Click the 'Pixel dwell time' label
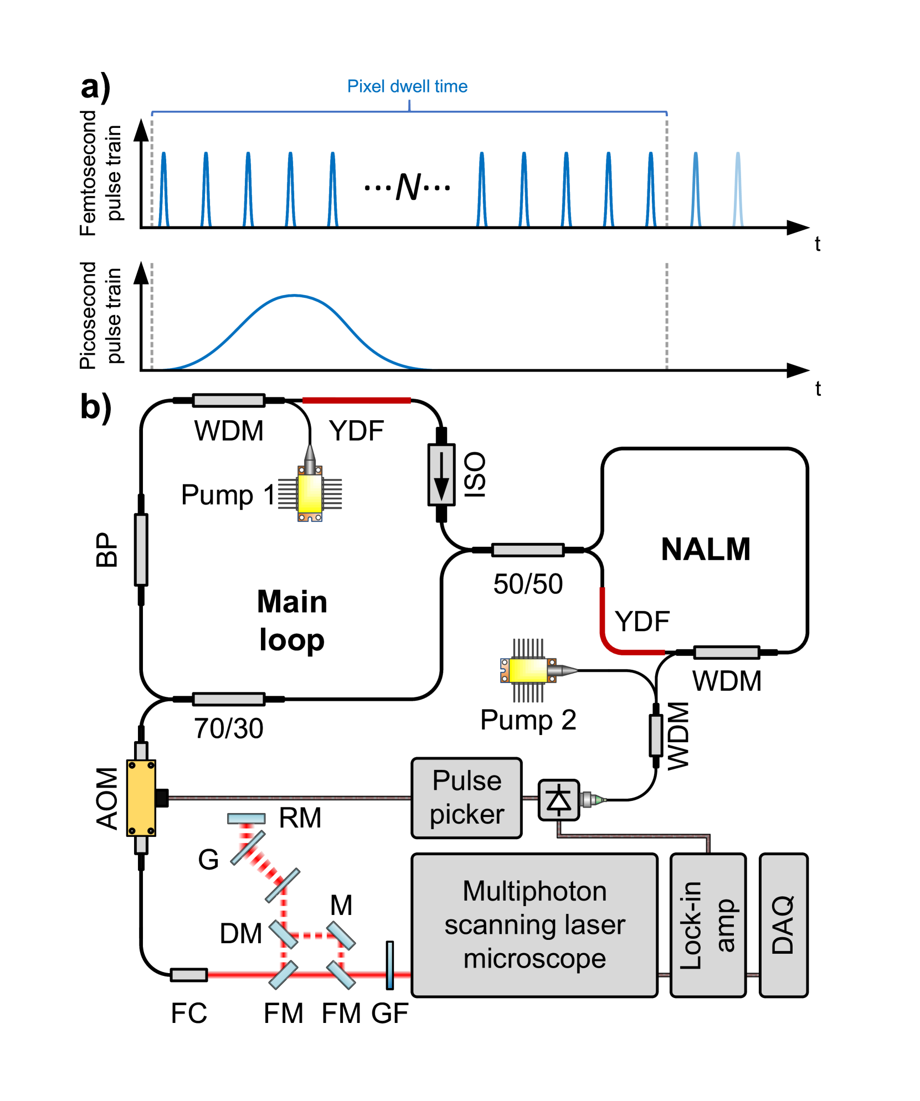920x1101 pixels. tap(407, 86)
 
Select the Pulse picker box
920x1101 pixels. tap(466, 798)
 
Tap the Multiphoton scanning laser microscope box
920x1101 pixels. tap(534, 925)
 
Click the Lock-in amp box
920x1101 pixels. tap(707, 925)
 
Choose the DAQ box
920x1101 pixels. tap(783, 925)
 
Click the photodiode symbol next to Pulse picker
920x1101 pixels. tap(558, 800)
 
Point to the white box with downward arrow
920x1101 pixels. tap(441, 475)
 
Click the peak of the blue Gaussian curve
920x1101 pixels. tap(294, 296)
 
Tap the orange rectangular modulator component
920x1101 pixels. tap(141, 798)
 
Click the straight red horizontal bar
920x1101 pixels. tap(356, 400)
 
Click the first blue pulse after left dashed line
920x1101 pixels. tap(163, 189)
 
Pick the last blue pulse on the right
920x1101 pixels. tap(738, 189)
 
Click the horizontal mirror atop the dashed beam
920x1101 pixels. tap(246, 818)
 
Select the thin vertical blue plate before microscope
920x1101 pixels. tap(390, 965)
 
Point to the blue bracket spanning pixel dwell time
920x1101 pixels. tap(409, 112)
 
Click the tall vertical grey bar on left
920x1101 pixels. tap(141, 550)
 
